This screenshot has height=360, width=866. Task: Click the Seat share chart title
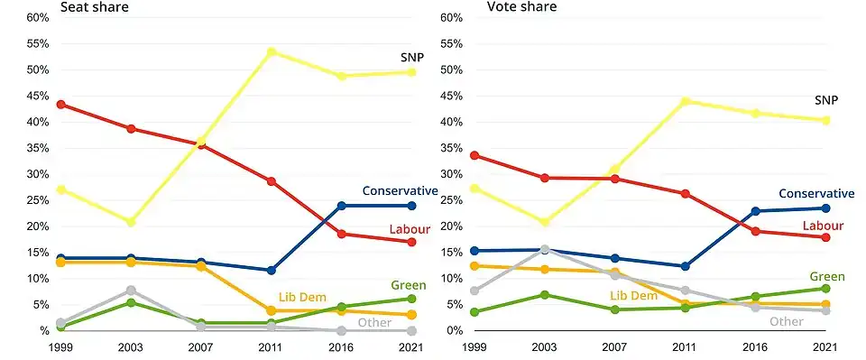[94, 7]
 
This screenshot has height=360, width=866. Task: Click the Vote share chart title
[521, 7]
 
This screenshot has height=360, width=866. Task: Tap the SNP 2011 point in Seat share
[272, 52]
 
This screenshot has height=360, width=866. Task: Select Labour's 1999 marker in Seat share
[60, 105]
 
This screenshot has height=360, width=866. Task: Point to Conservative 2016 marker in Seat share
[341, 206]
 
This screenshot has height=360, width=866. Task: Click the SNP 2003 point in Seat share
[131, 222]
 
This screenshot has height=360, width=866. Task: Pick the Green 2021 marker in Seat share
[411, 299]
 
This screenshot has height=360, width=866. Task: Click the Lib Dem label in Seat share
[299, 297]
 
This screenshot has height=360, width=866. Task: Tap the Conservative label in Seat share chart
[400, 190]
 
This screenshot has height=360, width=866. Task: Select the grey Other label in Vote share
[787, 321]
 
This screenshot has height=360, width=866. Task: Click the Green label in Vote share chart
[827, 277]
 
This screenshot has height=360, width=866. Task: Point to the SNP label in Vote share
[826, 100]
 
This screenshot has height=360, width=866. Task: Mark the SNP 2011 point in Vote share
[686, 102]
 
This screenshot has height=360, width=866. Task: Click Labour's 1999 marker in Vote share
[474, 155]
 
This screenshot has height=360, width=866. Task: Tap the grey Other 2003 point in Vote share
[545, 250]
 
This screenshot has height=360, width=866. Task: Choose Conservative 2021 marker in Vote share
[825, 208]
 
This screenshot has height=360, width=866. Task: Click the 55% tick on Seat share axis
[38, 43]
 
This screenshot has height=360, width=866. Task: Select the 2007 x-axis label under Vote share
[614, 348]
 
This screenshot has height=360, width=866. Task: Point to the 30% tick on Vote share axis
[451, 174]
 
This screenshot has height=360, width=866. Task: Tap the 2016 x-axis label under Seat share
[341, 348]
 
